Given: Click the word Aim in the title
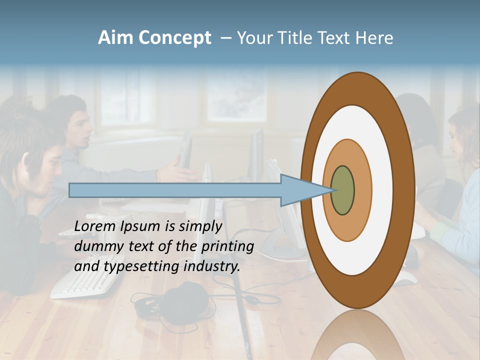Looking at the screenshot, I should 115,38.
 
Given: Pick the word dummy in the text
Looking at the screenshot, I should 95,246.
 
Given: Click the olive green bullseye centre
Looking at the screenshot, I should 342,190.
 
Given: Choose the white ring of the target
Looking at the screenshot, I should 382,190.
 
